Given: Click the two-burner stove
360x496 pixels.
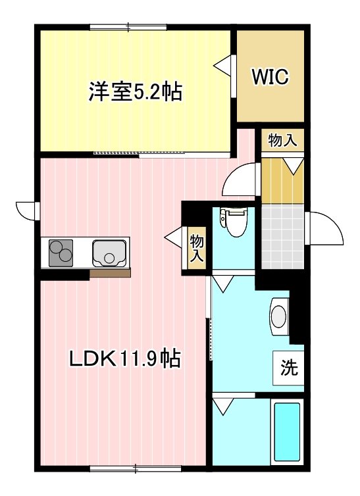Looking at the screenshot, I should click(62, 253).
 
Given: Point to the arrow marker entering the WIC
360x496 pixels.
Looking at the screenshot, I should click(222, 65).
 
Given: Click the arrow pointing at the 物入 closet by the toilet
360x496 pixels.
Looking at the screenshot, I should click(174, 235).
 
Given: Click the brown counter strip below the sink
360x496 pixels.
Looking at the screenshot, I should click(110, 273).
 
